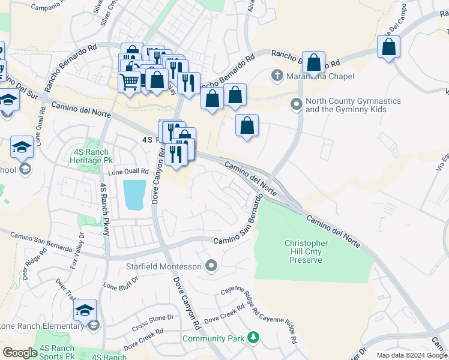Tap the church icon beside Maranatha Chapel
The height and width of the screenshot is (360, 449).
click(277, 76)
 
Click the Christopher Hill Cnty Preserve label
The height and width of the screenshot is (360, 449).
click(306, 251)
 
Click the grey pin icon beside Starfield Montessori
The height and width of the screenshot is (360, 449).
click(211, 265)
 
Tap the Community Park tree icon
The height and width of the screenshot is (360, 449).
click(255, 338)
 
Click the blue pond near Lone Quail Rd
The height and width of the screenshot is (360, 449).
click(134, 194)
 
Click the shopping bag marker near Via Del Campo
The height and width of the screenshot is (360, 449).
click(389, 47)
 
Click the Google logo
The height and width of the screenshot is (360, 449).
click(20, 353)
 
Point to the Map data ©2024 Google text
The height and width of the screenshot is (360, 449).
click(412, 355)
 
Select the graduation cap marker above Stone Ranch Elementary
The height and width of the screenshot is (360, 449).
click(85, 310)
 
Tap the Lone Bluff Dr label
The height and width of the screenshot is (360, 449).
click(121, 283)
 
